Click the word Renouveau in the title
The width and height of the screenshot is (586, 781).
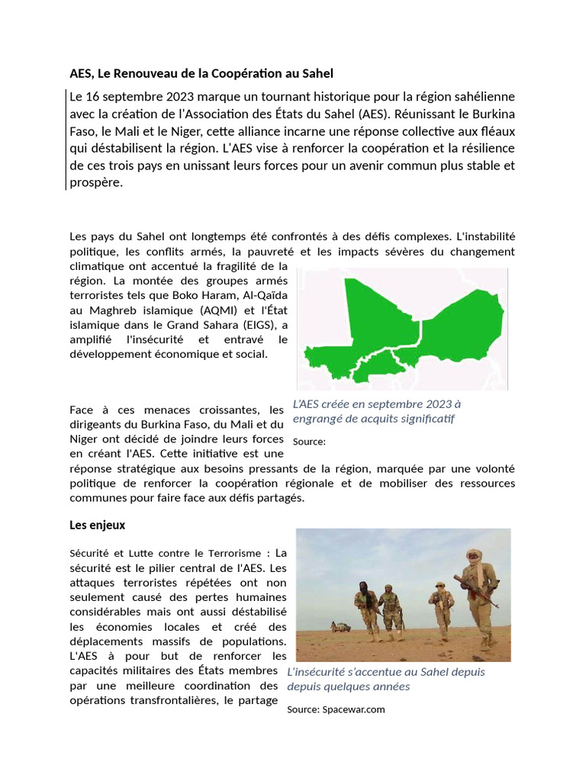tap(143, 74)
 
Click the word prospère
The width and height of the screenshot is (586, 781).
tap(95, 184)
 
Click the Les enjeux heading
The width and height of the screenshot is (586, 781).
tap(97, 525)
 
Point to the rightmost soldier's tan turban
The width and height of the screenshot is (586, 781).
tap(474, 555)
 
